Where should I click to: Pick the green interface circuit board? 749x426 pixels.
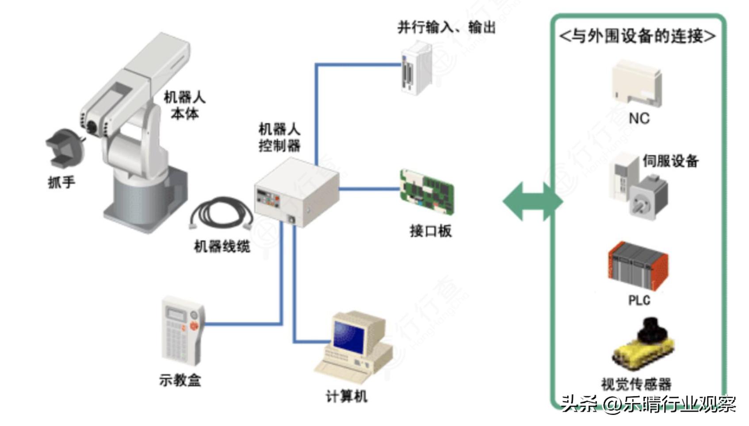tap(427, 192)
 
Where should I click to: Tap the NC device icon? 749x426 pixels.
tap(637, 84)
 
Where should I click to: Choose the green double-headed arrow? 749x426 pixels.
tap(533, 202)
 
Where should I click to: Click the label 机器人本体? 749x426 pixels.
tap(184, 105)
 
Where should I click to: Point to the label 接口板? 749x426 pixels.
tap(430, 231)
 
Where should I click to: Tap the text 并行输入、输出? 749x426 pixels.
tap(446, 27)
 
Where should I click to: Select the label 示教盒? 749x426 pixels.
tap(180, 380)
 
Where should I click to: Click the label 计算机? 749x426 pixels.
tap(346, 396)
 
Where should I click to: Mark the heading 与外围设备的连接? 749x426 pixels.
tap(637, 36)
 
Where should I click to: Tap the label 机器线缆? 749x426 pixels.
tap(222, 247)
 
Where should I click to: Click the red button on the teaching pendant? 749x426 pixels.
tap(194, 326)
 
